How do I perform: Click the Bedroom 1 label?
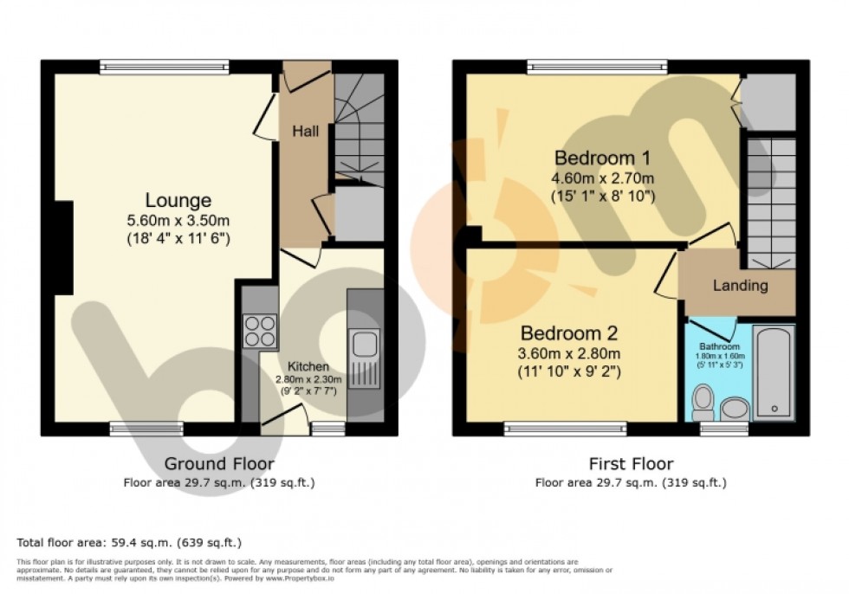click(x=602, y=158)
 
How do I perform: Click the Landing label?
click(x=740, y=285)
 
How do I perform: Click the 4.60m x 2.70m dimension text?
click(x=603, y=178)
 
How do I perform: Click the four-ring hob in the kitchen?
click(x=260, y=330)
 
